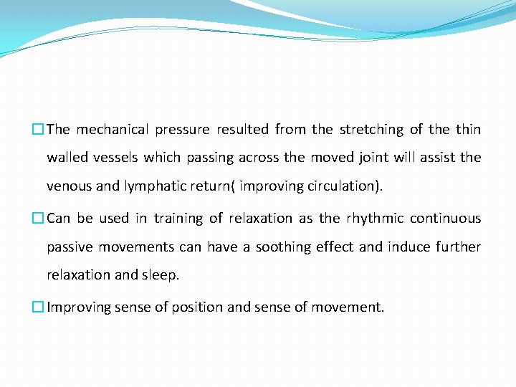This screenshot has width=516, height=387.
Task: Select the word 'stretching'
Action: pyautogui.click(x=371, y=130)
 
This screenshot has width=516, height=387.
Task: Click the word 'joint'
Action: pyautogui.click(x=394, y=158)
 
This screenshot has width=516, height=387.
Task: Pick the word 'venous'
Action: pyautogui.click(x=69, y=186)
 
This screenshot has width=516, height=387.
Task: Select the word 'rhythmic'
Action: pyautogui.click(x=374, y=219)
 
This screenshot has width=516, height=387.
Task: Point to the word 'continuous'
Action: pyautogui.click(x=445, y=219)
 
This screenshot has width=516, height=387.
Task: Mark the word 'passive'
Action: pyautogui.click(x=70, y=247)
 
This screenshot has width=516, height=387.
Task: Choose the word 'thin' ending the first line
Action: pyautogui.click(x=468, y=130)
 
